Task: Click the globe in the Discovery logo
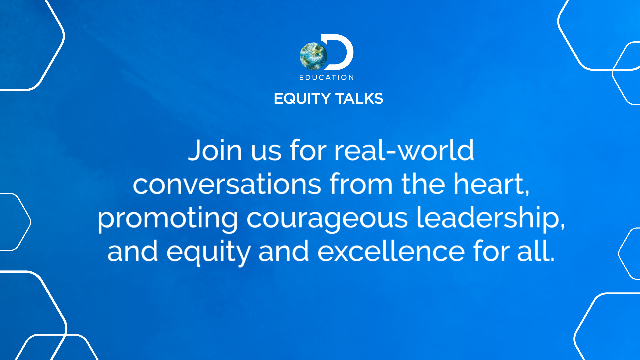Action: pos(313,56)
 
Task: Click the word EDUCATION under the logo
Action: pos(327,78)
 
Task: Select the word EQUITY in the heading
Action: pos(302,99)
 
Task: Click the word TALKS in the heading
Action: pos(359,99)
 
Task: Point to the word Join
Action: pos(215,150)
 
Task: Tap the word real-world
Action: pos(404,150)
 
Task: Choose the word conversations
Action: pos(227,184)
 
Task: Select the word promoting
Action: pos(168,219)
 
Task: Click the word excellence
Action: pos(391,251)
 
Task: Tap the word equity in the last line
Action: pos(208,253)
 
